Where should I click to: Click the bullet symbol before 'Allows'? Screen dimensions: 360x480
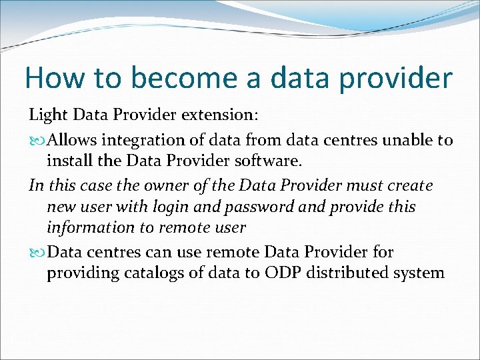point(37,141)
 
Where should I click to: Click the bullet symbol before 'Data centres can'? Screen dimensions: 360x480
point(37,253)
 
